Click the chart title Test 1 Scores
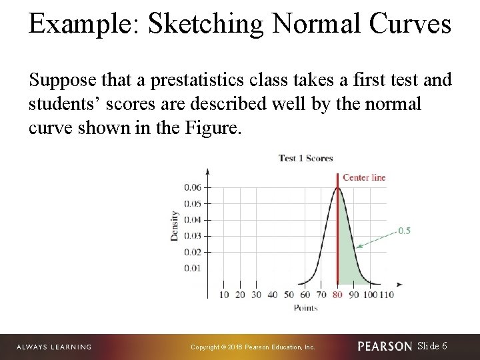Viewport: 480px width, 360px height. (305, 158)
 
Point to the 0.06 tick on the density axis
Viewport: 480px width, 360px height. (192, 187)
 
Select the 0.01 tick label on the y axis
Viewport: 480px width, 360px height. (192, 268)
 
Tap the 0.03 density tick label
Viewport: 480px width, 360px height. (192, 236)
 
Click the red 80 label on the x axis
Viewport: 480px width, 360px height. (337, 295)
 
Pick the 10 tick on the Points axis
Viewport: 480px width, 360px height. (223, 295)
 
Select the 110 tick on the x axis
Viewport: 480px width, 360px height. (386, 295)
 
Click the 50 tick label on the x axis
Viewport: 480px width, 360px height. (289, 295)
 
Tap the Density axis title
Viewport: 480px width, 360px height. (175, 226)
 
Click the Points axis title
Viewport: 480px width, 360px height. (305, 307)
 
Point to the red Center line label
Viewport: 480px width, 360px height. (364, 177)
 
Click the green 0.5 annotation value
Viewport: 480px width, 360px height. (404, 231)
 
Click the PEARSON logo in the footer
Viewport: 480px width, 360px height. (385, 347)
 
